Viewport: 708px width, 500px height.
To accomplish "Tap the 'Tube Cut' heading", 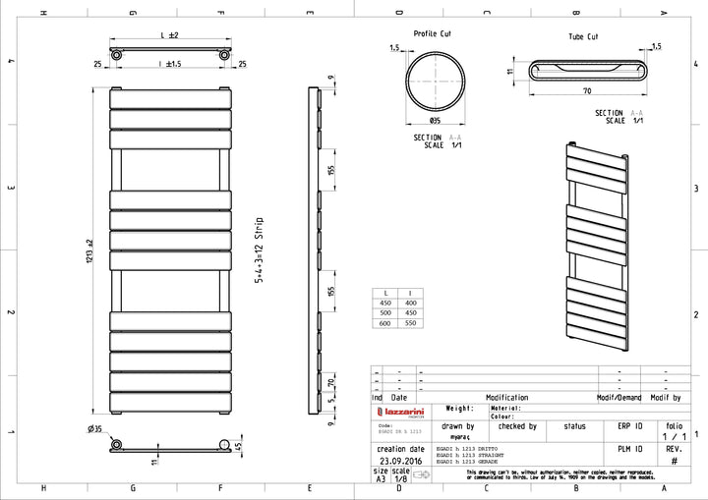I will (582, 36).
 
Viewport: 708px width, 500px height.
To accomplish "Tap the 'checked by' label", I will (517, 426).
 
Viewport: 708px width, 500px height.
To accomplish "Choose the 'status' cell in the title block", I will (574, 426).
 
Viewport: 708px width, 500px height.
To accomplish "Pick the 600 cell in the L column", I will (385, 323).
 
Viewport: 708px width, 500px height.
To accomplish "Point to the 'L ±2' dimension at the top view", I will (169, 35).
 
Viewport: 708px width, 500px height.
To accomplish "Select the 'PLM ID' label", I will (629, 447).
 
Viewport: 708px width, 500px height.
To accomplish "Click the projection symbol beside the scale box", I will (424, 474).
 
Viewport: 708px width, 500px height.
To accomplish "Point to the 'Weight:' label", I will (461, 408).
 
